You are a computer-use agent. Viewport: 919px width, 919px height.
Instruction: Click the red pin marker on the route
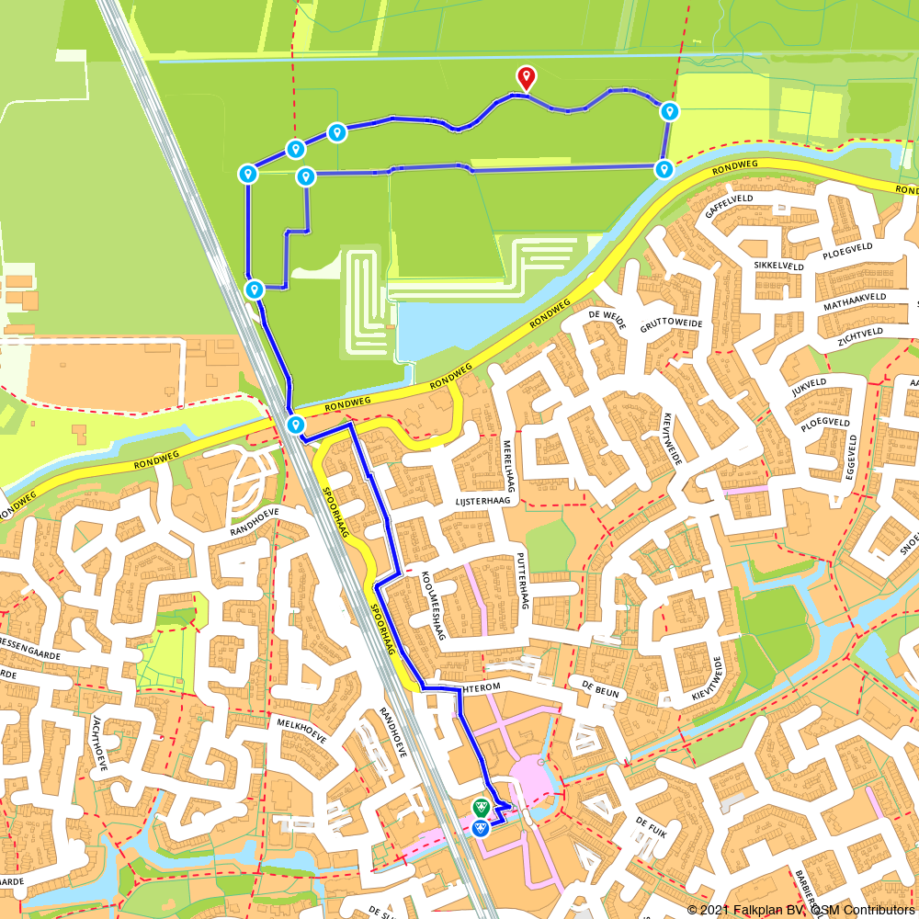point(526,77)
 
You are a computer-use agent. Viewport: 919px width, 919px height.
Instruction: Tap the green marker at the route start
point(480,808)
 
